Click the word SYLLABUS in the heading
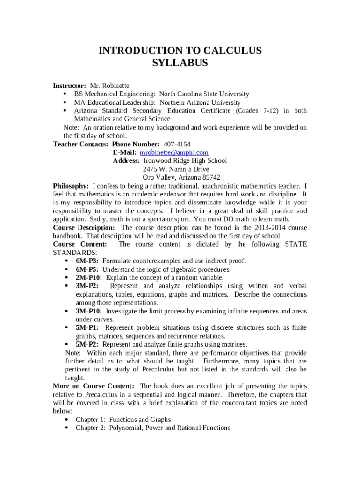point(180,63)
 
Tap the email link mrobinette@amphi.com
point(174,152)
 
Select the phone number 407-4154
point(176,144)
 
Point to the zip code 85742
point(210,178)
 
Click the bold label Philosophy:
point(71,186)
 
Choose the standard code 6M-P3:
point(87,261)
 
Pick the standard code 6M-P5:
point(87,269)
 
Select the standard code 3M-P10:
point(89,311)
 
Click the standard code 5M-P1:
point(87,328)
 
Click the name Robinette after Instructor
point(115,86)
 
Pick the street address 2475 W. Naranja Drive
point(176,169)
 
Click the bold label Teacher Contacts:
point(80,144)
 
